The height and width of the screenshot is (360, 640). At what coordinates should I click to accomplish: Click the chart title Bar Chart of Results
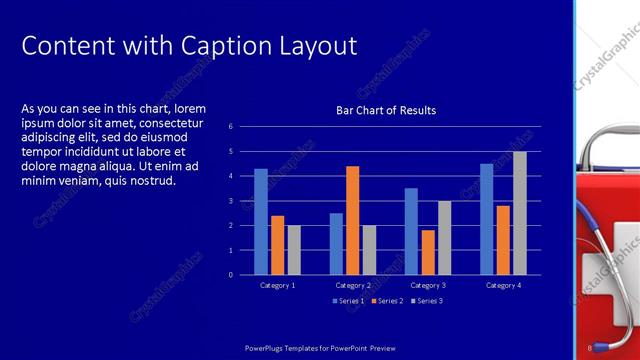(385, 110)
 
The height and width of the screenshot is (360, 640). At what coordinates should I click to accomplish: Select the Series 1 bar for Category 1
(261, 221)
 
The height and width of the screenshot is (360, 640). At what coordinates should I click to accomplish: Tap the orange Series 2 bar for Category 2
(352, 220)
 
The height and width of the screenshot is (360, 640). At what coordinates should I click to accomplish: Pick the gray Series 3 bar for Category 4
(520, 213)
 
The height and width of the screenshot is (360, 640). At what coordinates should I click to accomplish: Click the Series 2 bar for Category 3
(428, 252)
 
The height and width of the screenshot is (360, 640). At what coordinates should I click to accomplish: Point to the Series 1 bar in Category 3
(411, 231)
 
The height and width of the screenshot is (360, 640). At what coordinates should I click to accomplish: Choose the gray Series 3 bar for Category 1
(294, 250)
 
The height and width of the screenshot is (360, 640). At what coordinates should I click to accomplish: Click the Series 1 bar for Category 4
(486, 219)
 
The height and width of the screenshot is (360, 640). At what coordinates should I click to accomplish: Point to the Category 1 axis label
(277, 285)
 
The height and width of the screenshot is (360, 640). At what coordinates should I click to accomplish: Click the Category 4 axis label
(503, 285)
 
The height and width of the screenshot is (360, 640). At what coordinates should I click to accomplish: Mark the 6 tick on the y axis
(230, 127)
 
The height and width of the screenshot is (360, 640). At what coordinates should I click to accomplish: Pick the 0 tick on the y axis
(230, 275)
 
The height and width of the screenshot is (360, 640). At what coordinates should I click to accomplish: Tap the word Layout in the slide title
(316, 46)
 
